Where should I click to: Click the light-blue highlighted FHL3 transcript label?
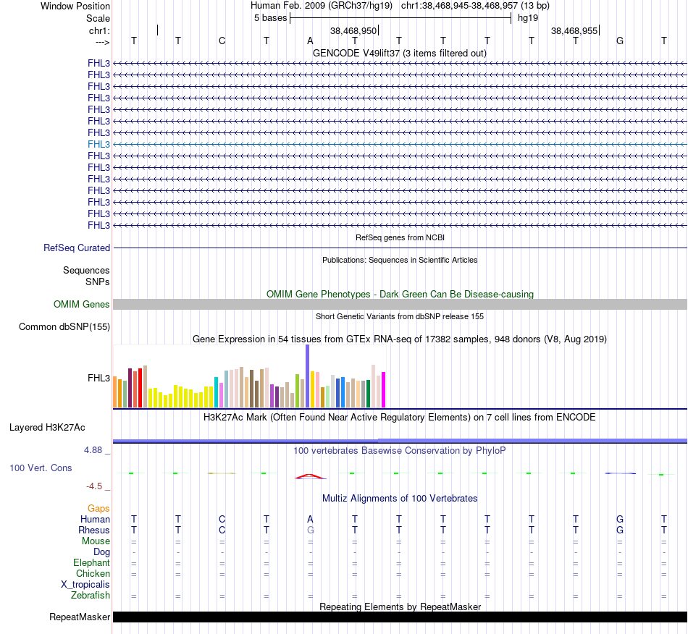[98, 144]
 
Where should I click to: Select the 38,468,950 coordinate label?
[353, 31]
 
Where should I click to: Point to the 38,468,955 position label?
[574, 31]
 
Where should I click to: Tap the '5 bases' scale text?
[270, 17]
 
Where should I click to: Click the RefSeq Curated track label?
[77, 248]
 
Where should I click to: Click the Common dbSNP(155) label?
[64, 327]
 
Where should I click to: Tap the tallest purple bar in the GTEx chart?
[307, 376]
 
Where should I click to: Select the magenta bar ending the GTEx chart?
[384, 389]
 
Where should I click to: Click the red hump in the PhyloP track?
[310, 476]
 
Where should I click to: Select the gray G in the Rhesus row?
[310, 530]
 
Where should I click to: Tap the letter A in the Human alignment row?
[310, 519]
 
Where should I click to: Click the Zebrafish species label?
[91, 596]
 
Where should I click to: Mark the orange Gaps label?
[98, 509]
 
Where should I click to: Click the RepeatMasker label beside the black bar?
[80, 617]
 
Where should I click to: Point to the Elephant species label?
[91, 563]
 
